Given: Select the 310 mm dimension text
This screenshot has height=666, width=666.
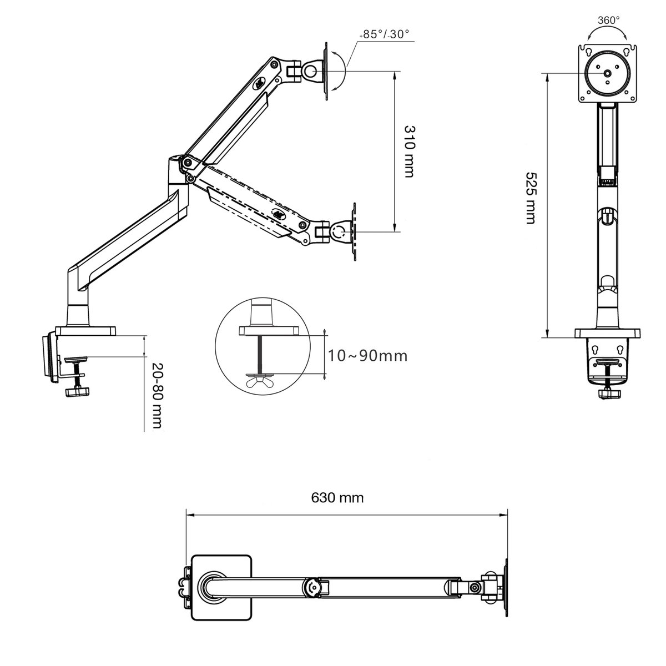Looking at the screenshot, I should pos(409,151).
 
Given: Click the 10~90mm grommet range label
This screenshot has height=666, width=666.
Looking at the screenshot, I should pos(367,355).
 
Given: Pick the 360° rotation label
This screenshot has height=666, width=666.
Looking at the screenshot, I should pos(608,20).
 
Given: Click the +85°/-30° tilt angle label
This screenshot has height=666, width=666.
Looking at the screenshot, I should pos(384,34).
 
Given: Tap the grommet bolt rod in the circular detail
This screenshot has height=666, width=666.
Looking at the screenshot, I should pos(259,354).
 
